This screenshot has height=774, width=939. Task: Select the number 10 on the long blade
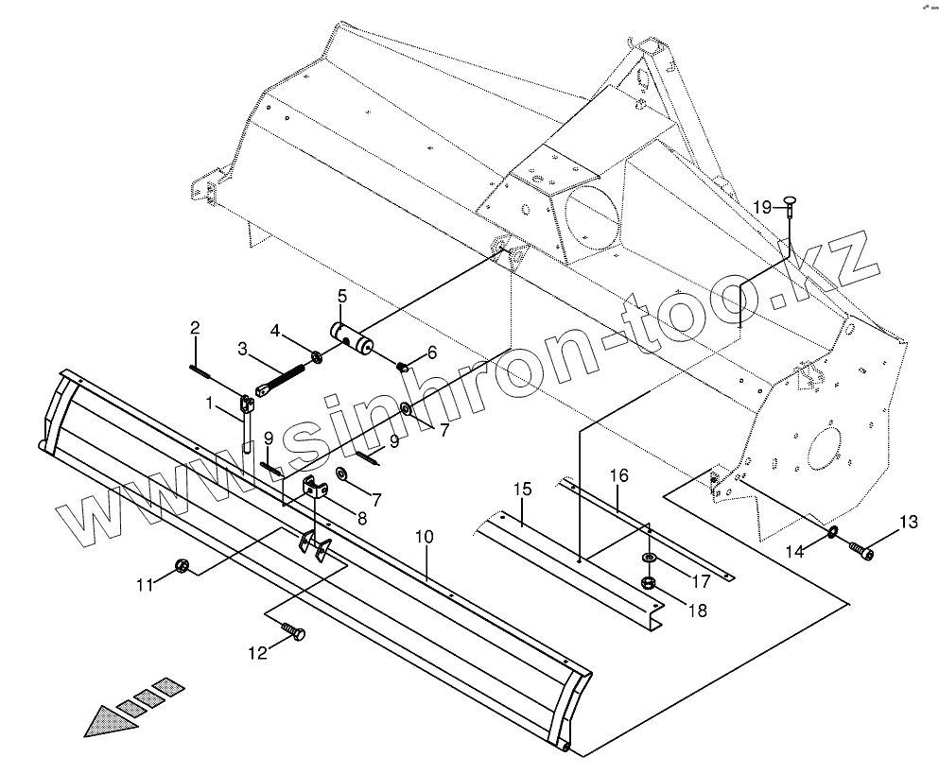[x=424, y=537]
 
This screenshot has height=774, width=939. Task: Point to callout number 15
[x=523, y=489]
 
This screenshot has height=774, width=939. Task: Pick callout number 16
[x=618, y=474]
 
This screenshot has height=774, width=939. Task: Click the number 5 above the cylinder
[x=342, y=296]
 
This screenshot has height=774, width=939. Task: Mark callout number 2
[x=195, y=328]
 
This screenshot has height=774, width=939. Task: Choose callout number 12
[x=258, y=651]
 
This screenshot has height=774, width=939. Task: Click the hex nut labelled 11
[x=182, y=566]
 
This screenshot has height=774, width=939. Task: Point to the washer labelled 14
[x=831, y=536]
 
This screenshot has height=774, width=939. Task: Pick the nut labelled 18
[x=650, y=582]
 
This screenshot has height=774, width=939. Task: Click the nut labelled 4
[x=315, y=357]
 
